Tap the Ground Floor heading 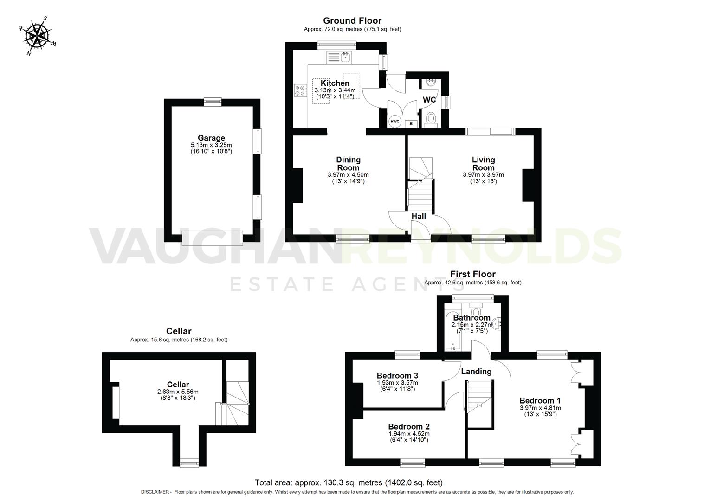(352, 20)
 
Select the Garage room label (211, 138)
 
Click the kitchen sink (340, 58)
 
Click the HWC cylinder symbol (394, 122)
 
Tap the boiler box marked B (411, 124)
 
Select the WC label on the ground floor (429, 100)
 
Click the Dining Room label (348, 163)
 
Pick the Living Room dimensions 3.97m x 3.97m (483, 175)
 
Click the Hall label (419, 216)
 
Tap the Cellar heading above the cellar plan (179, 331)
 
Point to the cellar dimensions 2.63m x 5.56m (178, 392)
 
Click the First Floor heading (472, 274)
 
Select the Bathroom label (472, 318)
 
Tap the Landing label (476, 371)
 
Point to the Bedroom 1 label (540, 400)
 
